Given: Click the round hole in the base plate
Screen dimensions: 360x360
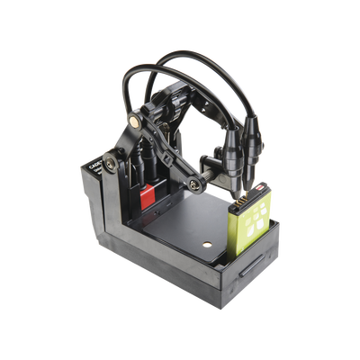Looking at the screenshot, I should pos(207,244).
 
